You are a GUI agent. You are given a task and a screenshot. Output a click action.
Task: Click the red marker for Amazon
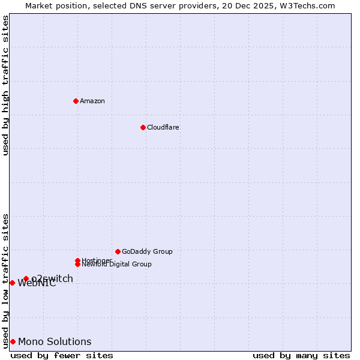76,101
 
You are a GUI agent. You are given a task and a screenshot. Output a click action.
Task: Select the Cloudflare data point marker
143,127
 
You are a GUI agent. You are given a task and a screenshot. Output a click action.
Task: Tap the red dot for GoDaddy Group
118,251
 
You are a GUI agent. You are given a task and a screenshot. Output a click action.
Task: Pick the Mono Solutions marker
13,341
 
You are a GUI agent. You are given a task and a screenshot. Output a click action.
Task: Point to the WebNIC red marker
12,283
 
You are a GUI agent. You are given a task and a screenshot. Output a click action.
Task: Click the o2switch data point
26,278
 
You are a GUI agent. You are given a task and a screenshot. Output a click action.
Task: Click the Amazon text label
92,101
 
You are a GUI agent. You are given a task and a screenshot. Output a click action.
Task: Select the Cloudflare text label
163,127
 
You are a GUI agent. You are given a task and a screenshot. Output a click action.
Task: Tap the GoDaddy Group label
147,251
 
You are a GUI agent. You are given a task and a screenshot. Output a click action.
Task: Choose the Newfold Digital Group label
116,264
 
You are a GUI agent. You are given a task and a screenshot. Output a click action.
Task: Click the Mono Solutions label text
55,342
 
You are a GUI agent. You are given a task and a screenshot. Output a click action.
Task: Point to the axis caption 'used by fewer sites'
62,355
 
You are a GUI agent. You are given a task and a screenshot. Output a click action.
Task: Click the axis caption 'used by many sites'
301,355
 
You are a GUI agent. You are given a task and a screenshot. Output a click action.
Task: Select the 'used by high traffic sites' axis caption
5,85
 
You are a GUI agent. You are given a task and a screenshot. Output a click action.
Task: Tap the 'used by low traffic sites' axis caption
5,281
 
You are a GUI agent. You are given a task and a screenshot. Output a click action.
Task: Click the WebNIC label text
37,284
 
